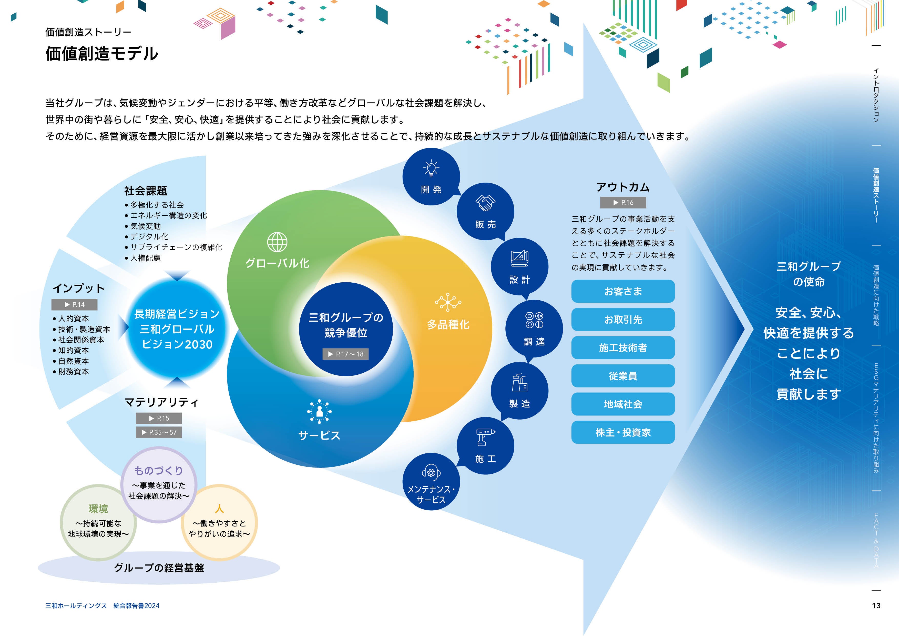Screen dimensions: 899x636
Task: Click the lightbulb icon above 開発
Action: [431, 168]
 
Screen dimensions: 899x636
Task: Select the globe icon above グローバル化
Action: [277, 242]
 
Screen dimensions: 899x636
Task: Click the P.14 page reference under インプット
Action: [74, 304]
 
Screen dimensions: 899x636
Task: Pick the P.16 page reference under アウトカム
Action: [623, 203]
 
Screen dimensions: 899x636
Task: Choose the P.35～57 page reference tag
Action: [159, 432]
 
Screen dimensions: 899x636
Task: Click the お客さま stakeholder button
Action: [623, 291]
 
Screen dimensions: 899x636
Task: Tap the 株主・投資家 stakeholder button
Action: [623, 432]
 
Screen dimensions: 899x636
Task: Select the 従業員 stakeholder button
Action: [623, 376]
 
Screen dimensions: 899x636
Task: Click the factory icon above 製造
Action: [519, 382]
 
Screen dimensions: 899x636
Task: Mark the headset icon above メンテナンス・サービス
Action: [431, 473]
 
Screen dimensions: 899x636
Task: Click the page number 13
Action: [876, 605]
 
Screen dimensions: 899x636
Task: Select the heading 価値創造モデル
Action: [102, 53]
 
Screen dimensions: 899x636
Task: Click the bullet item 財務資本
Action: [74, 372]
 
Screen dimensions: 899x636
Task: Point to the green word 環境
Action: [98, 509]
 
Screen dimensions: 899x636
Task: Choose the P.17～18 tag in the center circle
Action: [345, 354]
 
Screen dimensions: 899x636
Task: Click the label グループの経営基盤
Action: [159, 568]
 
